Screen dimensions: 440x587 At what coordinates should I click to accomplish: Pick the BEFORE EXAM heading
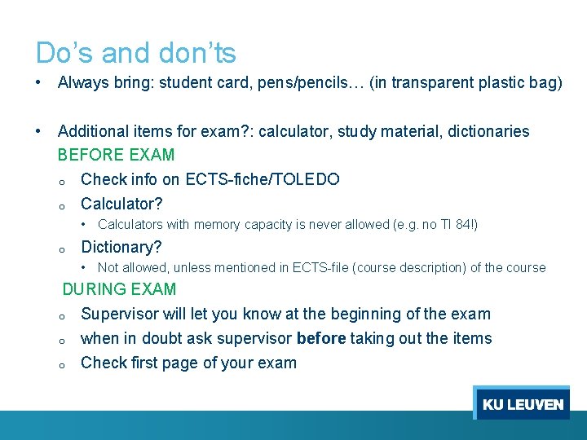click(116, 155)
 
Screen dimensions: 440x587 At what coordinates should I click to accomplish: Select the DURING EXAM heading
click(119, 289)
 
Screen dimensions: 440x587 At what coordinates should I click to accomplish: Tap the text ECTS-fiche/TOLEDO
click(263, 179)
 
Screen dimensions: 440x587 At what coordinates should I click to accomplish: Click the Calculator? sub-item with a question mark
click(121, 204)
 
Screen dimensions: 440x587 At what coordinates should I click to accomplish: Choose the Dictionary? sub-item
click(121, 247)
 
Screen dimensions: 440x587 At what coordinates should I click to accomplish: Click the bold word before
click(321, 338)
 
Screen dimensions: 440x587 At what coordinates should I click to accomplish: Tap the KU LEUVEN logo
click(522, 404)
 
